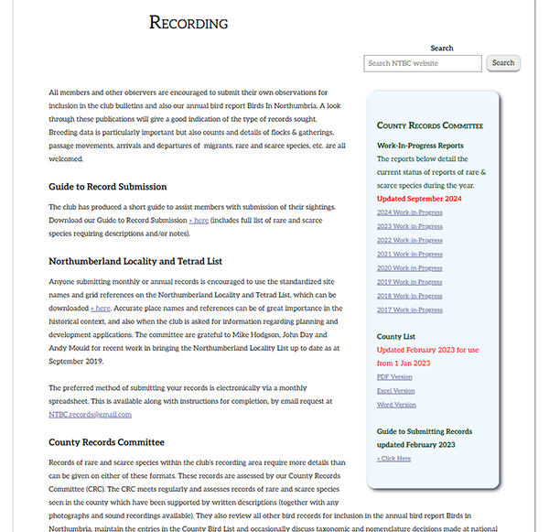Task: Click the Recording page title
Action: coord(188,23)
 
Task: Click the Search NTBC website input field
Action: coord(423,63)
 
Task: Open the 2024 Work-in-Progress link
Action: coord(409,212)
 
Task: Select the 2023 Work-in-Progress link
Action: coord(409,226)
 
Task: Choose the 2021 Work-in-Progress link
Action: coord(409,254)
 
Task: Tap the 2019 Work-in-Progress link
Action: coord(409,282)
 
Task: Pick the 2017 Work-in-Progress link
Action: coord(409,309)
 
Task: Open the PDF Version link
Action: coord(394,376)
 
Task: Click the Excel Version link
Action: coord(395,390)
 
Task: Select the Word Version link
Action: coord(395,404)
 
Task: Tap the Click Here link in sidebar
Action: coord(393,458)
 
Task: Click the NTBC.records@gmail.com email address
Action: coord(90,414)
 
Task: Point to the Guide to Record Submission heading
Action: coord(108,187)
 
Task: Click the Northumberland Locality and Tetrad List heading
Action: coord(135,261)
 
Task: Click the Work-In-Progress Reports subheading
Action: coord(420,146)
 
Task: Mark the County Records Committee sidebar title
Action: coord(429,125)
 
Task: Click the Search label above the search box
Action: coord(442,48)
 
